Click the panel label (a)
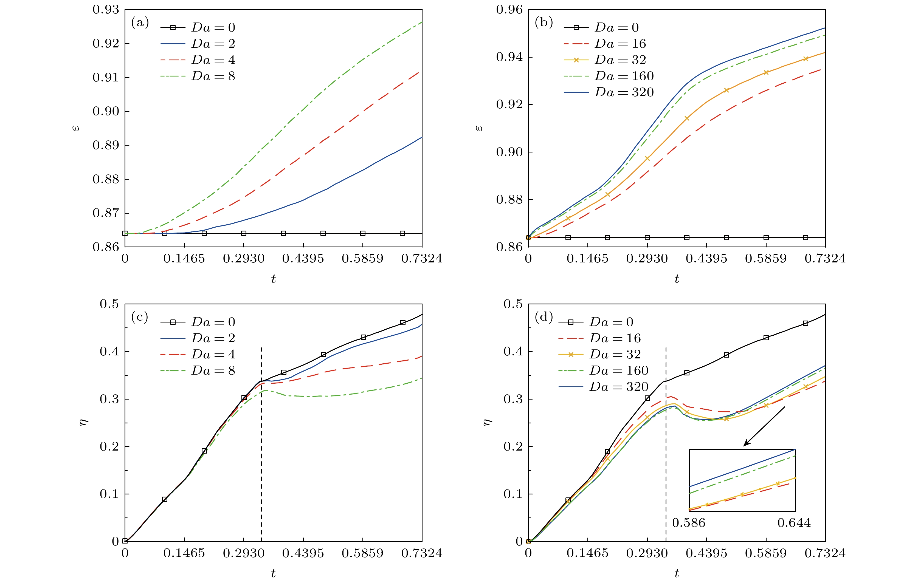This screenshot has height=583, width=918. point(140,23)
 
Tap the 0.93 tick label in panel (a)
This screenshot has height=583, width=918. point(106,10)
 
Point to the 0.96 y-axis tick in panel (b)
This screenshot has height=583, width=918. point(509,10)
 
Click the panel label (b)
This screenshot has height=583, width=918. point(544,23)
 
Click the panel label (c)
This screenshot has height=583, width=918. point(140,317)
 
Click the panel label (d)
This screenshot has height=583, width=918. point(544,317)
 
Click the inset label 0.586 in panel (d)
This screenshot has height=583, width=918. point(689,522)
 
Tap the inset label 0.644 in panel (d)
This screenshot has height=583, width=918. point(794,522)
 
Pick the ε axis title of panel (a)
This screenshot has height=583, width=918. point(76,128)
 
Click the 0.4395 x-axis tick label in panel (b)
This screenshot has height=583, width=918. point(706,259)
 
